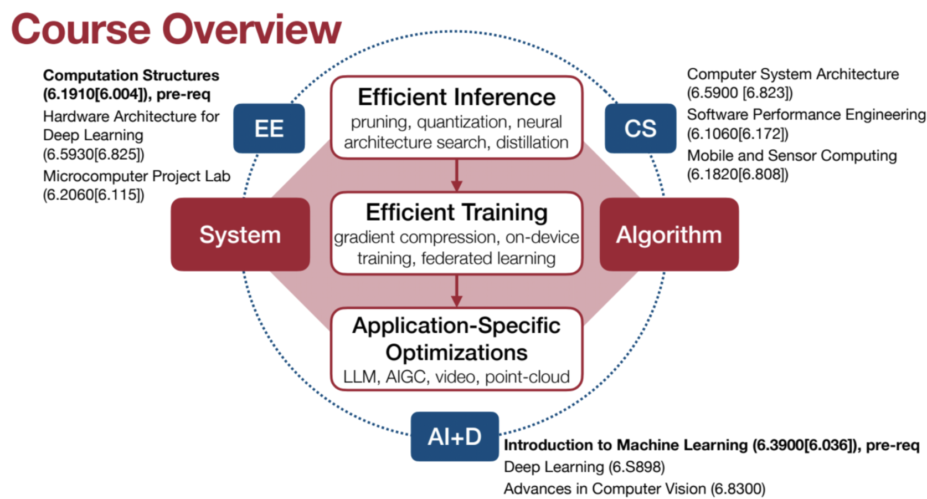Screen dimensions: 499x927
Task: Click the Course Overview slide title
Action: [x=176, y=29]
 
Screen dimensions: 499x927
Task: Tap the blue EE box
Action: [x=269, y=129]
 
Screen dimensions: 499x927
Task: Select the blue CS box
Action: [x=640, y=129]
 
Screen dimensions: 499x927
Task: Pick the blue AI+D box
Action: [x=454, y=436]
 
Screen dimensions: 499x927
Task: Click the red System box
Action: [x=240, y=235]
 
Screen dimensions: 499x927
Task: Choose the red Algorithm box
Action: [x=669, y=235]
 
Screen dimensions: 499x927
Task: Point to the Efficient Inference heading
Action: [x=456, y=97]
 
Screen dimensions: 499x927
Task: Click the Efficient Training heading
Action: [x=456, y=212]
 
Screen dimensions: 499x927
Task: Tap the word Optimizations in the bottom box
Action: [x=456, y=353]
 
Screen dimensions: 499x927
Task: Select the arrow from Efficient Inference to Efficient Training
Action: [x=456, y=176]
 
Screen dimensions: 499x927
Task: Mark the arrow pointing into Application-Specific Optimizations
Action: [x=456, y=291]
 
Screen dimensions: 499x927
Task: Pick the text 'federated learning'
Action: [x=488, y=258]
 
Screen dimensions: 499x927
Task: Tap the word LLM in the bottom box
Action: [x=360, y=377]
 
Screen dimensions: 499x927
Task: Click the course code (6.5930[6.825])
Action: [x=94, y=154]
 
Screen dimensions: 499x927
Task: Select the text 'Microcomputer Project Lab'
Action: [x=136, y=176]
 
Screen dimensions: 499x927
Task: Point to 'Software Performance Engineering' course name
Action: [x=806, y=115]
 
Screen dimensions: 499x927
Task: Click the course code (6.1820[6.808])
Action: [x=737, y=175]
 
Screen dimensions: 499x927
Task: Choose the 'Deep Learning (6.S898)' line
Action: [x=584, y=467]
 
